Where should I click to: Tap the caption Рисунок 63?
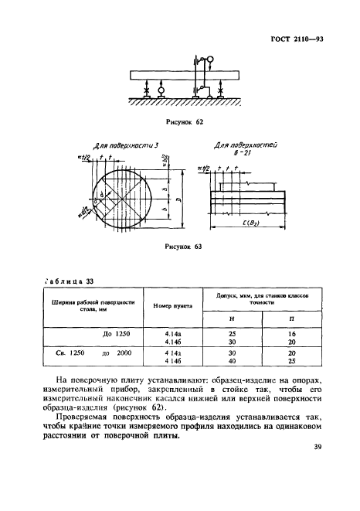tap(183, 247)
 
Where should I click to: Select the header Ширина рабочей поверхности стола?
tap(89, 306)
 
